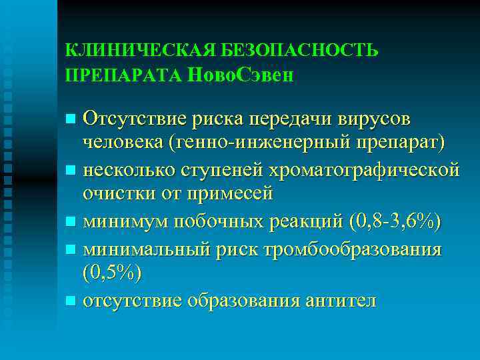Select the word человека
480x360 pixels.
[x=125, y=144]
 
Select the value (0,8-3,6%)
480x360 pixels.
[x=395, y=218]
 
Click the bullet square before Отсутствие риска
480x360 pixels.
[x=71, y=119]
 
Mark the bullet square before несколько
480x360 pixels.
[x=71, y=169]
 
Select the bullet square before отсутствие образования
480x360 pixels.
[x=71, y=300]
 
